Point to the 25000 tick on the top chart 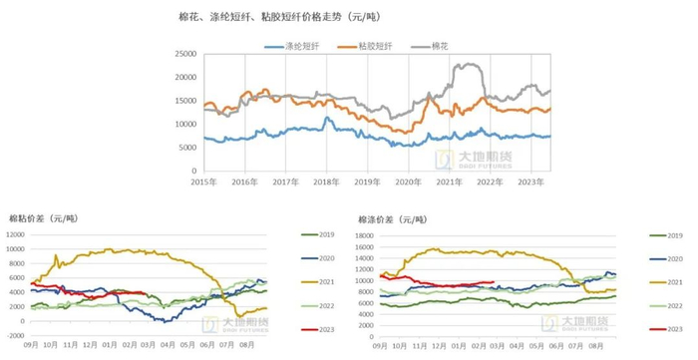click(181, 54)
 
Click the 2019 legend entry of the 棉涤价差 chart click(674, 235)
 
